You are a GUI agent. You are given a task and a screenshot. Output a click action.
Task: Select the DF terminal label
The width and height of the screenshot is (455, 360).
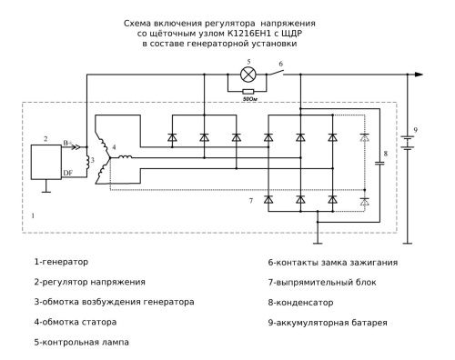[x=68, y=170]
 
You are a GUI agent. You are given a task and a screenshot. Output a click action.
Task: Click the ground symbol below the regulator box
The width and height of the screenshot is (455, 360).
[x=46, y=191]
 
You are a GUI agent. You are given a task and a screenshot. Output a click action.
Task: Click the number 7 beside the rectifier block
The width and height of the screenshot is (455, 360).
[x=250, y=198]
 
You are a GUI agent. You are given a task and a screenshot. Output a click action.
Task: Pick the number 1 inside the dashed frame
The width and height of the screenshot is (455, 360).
[x=34, y=217]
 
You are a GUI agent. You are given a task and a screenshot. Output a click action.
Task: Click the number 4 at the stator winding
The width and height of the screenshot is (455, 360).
[x=114, y=146]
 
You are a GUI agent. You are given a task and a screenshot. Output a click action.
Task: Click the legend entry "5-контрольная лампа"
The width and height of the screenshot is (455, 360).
[x=80, y=342]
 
